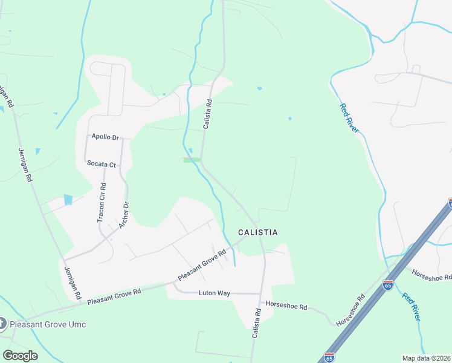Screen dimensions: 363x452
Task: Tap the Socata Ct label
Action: (101, 164)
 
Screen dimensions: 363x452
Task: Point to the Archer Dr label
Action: (125, 215)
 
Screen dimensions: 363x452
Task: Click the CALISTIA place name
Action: (258, 232)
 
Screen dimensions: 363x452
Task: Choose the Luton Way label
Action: (215, 293)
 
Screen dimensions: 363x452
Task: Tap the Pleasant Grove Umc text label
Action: (48, 324)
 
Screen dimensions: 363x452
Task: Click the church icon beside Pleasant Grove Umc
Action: (3, 324)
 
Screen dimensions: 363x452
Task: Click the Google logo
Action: (20, 356)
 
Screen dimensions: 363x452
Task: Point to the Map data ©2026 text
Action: (426, 358)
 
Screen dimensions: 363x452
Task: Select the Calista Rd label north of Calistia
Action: (207, 114)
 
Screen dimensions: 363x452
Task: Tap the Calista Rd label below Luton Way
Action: (257, 323)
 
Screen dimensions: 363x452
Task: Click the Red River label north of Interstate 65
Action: (349, 118)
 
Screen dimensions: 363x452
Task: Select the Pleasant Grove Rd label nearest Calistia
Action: (202, 264)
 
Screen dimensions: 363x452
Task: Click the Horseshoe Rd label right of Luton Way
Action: (286, 307)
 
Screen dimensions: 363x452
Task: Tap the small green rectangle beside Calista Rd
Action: (192, 160)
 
